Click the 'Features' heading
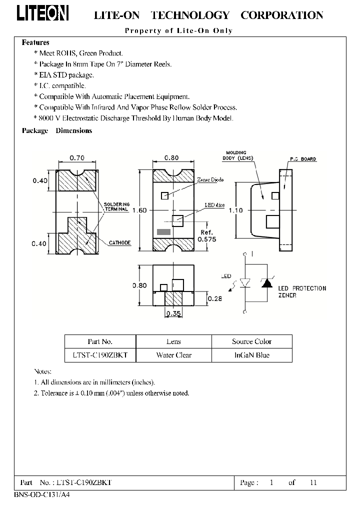35,42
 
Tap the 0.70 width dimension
77,158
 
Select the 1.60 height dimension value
139,210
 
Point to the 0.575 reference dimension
206,239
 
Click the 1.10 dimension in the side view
235,210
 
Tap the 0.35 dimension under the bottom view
172,314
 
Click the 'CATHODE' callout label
120,243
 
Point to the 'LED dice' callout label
214,205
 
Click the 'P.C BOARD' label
302,159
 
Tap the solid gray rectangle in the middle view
163,232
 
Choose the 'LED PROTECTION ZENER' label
301,291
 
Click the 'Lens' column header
173,341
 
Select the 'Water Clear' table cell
173,355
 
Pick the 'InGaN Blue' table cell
251,355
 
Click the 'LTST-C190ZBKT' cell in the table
100,355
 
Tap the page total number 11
313,482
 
